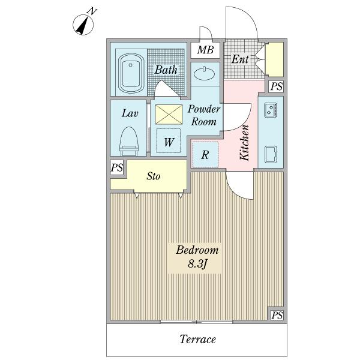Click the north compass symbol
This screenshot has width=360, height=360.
(x=83, y=24)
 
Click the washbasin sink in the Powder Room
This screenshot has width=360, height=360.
(x=205, y=74)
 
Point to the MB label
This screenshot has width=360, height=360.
(x=205, y=50)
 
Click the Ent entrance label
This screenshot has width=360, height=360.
(x=239, y=59)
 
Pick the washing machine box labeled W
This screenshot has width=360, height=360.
(x=169, y=141)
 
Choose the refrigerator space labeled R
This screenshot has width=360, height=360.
(x=205, y=155)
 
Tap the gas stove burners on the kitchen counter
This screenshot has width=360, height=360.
(x=271, y=110)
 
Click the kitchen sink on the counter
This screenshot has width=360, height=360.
(x=271, y=154)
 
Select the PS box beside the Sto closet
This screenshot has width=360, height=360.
(x=117, y=167)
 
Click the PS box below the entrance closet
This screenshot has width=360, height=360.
(x=277, y=86)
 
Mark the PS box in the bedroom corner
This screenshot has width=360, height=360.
(x=277, y=315)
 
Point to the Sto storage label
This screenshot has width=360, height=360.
(x=154, y=176)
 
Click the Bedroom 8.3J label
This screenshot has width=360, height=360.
(x=197, y=257)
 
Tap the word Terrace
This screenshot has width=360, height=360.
(x=197, y=339)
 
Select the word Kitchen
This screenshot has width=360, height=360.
(x=244, y=143)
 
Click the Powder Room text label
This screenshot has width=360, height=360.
(x=204, y=115)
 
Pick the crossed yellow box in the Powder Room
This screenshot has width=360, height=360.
(x=169, y=115)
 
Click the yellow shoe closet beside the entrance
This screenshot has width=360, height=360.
(x=275, y=59)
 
